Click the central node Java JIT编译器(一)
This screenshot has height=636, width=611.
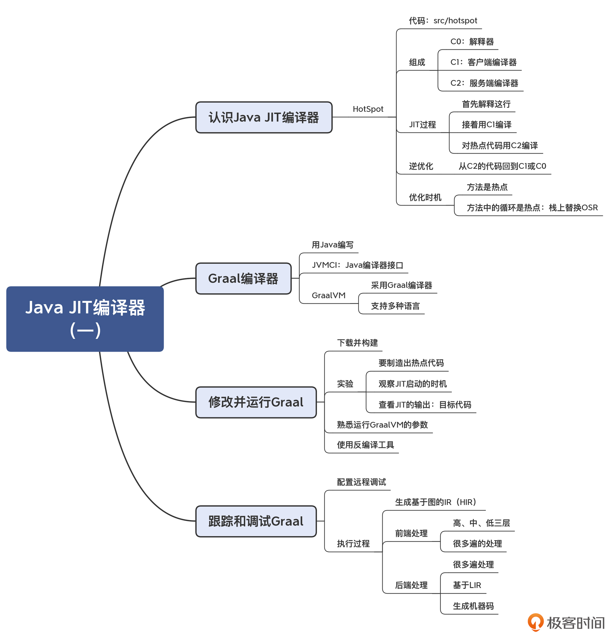[x=85, y=319]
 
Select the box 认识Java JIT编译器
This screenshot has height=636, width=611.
[x=264, y=117]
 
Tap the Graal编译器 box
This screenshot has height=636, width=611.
[x=243, y=278]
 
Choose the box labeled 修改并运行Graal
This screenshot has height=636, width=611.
[x=256, y=402]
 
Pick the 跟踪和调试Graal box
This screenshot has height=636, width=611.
[x=256, y=521]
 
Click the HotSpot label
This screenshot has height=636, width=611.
[x=368, y=109]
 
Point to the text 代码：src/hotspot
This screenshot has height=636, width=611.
[x=443, y=21]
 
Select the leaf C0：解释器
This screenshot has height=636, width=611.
[x=472, y=41]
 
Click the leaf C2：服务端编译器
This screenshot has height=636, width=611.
[x=484, y=83]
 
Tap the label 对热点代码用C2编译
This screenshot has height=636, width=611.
[x=500, y=145]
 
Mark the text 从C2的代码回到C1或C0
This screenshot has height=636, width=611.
[x=502, y=166]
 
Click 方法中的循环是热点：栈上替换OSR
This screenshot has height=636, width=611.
[x=532, y=208]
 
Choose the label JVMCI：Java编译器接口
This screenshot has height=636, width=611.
[x=357, y=265]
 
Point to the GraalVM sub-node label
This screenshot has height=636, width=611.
[x=329, y=295]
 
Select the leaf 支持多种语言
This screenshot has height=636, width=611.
[x=395, y=306]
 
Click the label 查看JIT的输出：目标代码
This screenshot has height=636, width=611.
[x=425, y=405]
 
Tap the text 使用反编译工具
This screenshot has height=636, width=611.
[x=365, y=445]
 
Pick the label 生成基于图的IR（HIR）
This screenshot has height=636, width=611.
[x=435, y=502]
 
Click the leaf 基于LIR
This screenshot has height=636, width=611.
[x=467, y=585]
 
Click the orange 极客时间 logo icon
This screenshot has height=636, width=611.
[x=535, y=622]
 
